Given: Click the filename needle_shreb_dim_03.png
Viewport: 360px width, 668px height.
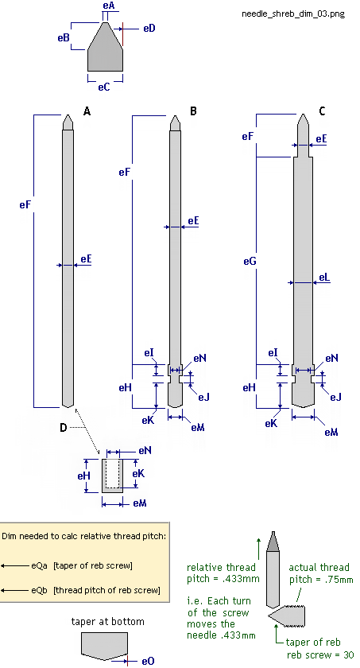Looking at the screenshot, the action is pyautogui.click(x=292, y=14).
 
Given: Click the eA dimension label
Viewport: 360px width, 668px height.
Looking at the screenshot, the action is pyautogui.click(x=107, y=6).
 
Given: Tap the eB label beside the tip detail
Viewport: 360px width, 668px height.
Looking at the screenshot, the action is pyautogui.click(x=64, y=37).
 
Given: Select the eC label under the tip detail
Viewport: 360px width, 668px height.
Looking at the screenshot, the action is pyautogui.click(x=104, y=87).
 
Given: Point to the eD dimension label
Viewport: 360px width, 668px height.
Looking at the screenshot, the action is pyautogui.click(x=149, y=29).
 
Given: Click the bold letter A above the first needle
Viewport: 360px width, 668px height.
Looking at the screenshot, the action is pyautogui.click(x=87, y=111).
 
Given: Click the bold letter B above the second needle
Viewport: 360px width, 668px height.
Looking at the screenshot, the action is pyautogui.click(x=193, y=111).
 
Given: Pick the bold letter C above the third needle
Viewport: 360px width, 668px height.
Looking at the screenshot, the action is pyautogui.click(x=322, y=111).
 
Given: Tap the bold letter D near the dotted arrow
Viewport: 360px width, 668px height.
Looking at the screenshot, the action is pyautogui.click(x=63, y=427).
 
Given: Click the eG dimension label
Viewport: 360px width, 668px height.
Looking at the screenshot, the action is pyautogui.click(x=250, y=261).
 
